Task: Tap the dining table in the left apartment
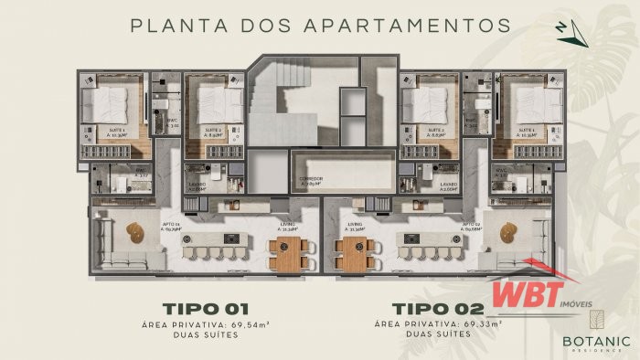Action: click(285, 253)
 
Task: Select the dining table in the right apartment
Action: click(352, 253)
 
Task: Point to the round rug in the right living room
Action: click(505, 230)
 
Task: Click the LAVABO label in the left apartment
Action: click(195, 185)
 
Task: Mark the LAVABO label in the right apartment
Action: click(447, 185)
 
